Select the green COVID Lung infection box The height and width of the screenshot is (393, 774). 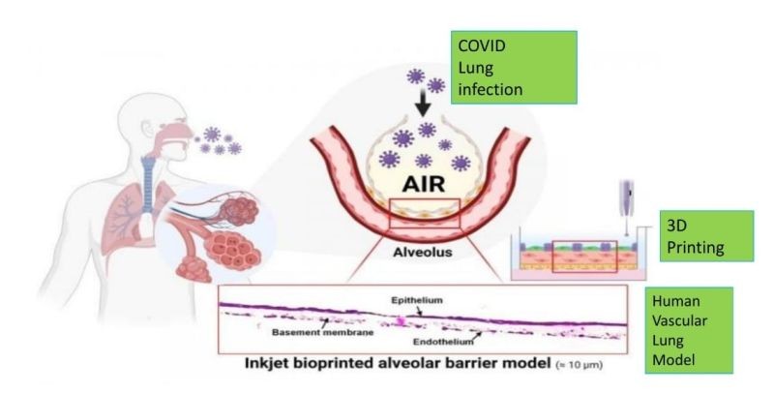(x=514, y=67)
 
